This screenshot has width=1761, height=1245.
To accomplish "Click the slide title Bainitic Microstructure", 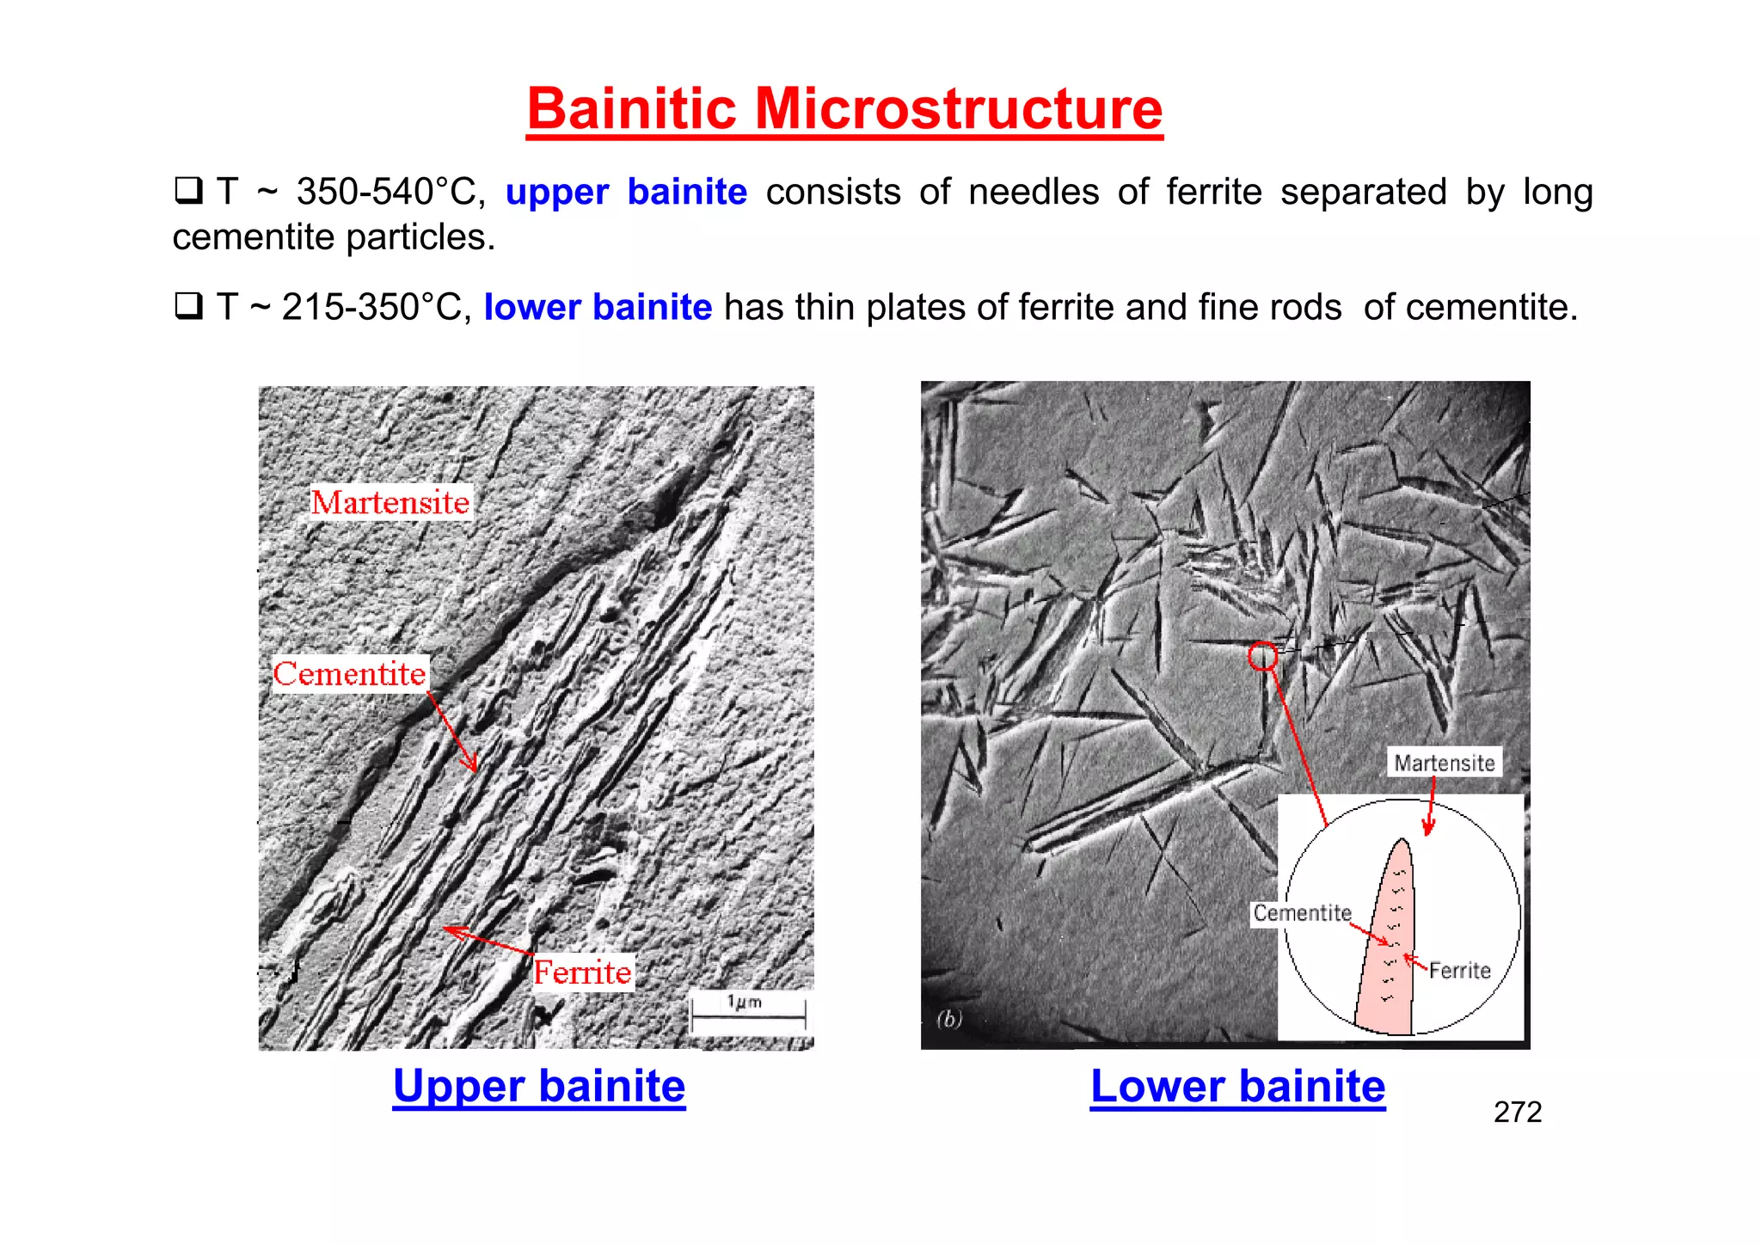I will coord(844,109).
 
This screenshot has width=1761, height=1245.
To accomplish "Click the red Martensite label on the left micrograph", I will coord(390,502).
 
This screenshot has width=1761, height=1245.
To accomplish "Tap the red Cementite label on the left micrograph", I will coord(349,674).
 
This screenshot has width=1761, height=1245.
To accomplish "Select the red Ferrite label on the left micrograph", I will coord(582,972).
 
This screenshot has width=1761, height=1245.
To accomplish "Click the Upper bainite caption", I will coord(539,1086).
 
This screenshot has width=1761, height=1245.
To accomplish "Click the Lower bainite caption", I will coord(1237,1086).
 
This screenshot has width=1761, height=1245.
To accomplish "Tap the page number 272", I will coord(1518,1113).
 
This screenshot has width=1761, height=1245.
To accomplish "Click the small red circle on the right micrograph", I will coord(1262,656).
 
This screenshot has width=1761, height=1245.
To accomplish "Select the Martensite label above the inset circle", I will coord(1445,763).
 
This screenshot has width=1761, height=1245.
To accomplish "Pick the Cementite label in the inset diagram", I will coord(1302,913).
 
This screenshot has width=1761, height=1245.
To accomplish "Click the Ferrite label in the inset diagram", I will coord(1459,971).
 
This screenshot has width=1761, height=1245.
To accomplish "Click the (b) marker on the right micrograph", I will coord(949,1020).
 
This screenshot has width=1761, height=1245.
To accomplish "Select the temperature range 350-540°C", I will coord(390,192).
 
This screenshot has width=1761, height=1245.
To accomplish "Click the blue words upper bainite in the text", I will coord(626,192).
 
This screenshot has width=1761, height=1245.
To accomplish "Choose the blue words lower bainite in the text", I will coord(598,307).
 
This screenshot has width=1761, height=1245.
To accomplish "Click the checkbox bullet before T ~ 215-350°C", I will coord(187,306).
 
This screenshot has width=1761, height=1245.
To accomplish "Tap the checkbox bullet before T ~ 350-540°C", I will coord(187,190).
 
